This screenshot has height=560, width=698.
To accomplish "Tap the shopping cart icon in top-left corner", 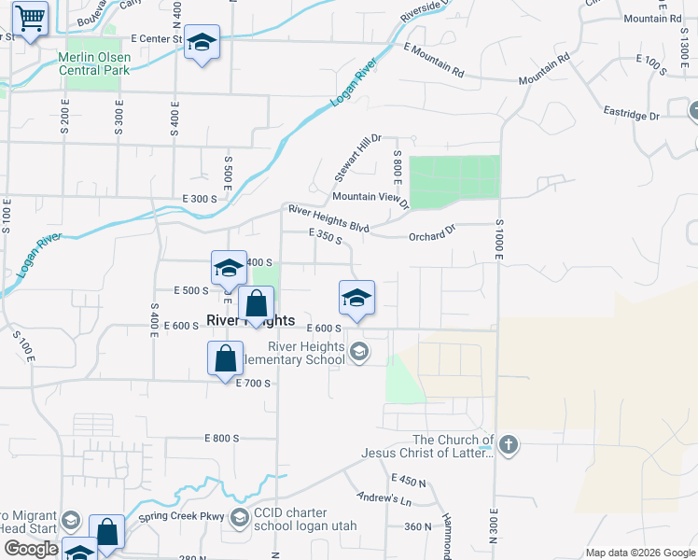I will (x=31, y=17).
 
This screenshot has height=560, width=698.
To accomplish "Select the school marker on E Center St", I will (x=202, y=43).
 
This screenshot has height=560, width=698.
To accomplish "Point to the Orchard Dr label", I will (x=431, y=236).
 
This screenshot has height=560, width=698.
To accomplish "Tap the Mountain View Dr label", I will (x=370, y=198).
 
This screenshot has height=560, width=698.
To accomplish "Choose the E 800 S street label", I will (x=221, y=438).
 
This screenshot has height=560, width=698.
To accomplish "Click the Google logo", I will (x=31, y=549).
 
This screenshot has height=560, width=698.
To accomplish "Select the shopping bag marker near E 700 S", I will (x=225, y=358).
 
